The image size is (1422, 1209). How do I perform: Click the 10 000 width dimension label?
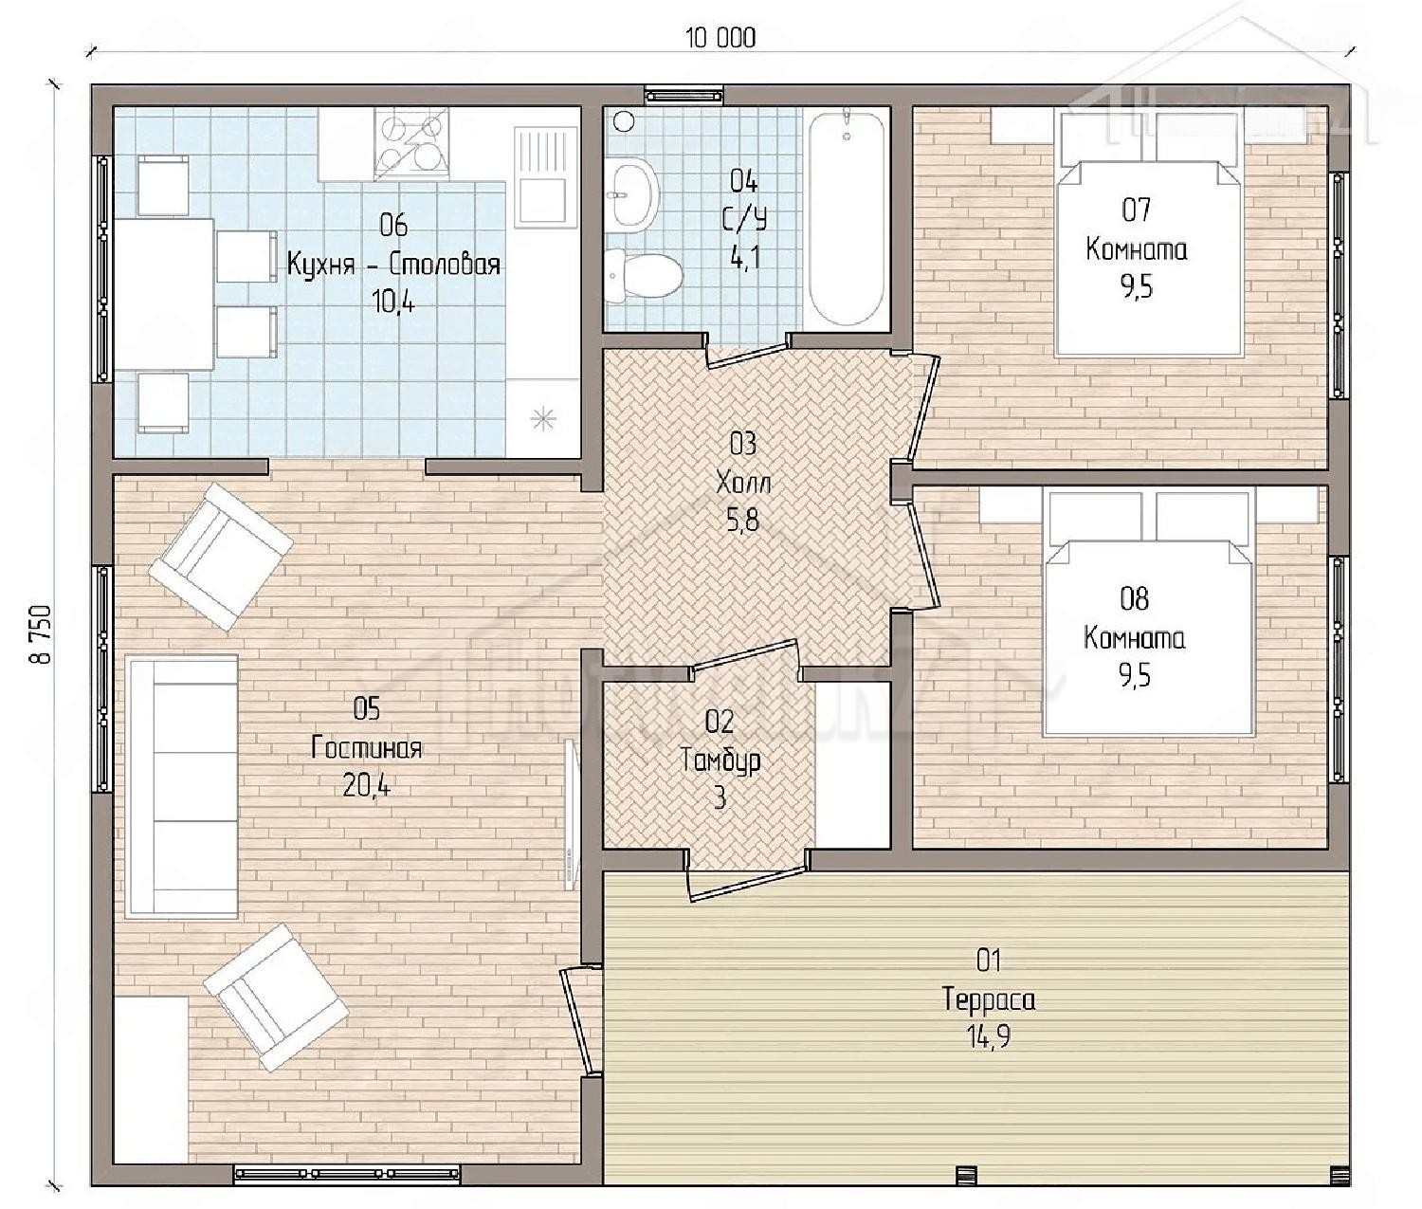coord(720,38)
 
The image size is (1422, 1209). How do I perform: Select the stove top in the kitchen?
coord(411,144)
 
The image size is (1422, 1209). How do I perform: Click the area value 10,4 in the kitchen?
coord(393,302)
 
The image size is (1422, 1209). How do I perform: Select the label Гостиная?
coord(366,748)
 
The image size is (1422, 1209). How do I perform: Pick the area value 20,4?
coord(366,786)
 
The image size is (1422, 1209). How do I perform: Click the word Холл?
coord(743,483)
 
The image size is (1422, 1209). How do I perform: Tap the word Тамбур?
coord(720,761)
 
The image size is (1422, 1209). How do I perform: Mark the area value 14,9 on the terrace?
coord(990,1036)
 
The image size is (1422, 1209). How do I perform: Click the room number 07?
coord(1137,210)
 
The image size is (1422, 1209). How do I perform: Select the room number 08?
coord(1135,598)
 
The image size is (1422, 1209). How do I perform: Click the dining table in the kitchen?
coord(164,294)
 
